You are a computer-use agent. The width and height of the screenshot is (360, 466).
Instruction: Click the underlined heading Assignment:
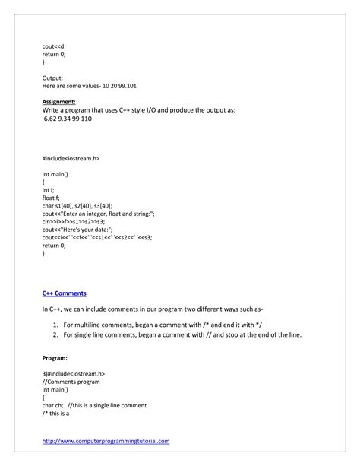click(x=58, y=100)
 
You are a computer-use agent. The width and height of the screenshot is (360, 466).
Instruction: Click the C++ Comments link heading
click(x=64, y=292)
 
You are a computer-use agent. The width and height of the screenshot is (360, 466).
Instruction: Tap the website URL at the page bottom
click(x=106, y=440)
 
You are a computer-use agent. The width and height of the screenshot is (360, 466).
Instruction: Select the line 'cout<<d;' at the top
click(x=54, y=46)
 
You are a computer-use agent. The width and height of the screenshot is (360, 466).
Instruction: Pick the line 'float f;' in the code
click(x=52, y=198)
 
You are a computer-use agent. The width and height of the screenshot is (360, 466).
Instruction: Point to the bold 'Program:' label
click(x=55, y=357)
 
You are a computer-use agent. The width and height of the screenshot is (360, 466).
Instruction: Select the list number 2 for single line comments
click(x=55, y=334)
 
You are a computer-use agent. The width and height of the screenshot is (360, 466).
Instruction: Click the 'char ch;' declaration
click(x=52, y=405)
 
